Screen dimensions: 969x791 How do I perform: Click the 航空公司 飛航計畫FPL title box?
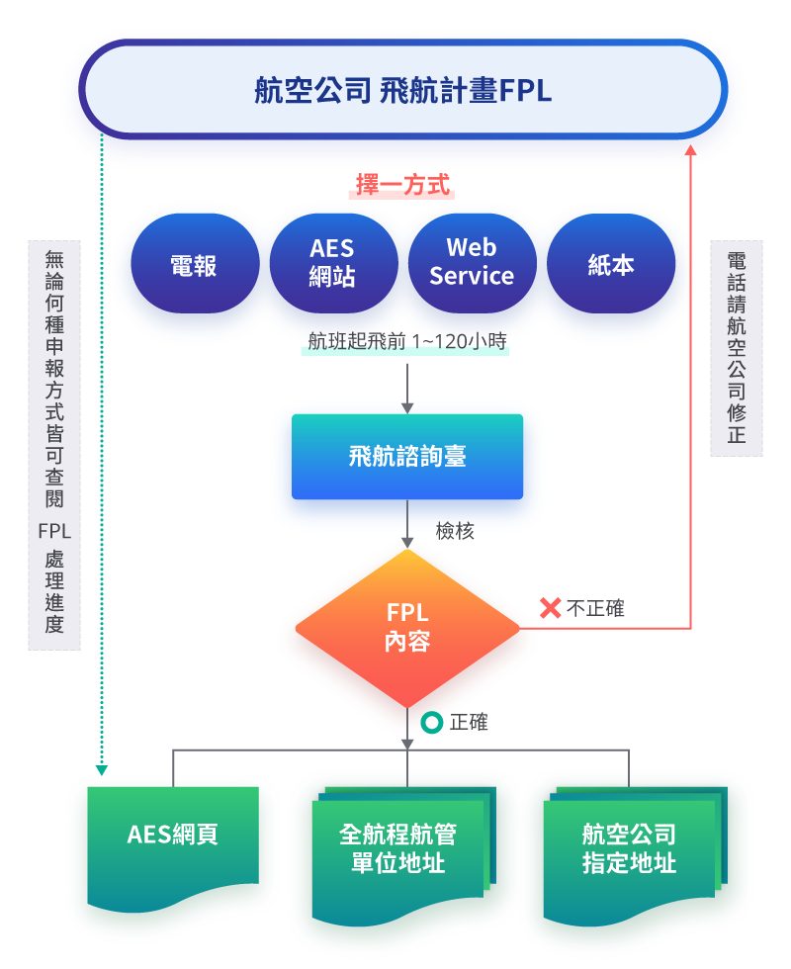[x=402, y=90]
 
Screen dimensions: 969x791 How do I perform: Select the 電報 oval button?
[x=195, y=264]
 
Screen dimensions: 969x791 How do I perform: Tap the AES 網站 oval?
[x=333, y=264]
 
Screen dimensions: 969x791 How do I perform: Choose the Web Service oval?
[x=472, y=264]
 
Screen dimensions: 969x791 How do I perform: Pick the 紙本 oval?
[x=610, y=264]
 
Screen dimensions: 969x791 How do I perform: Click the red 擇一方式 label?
[x=402, y=185]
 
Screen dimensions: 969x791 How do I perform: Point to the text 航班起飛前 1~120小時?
[x=406, y=342]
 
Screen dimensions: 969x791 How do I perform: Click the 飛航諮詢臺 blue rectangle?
[x=406, y=456]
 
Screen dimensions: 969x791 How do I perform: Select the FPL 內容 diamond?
[x=406, y=628]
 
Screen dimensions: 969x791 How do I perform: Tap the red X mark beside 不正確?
[x=550, y=608]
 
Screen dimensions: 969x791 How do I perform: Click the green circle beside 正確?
[x=431, y=723]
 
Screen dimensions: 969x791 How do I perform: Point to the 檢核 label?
[x=455, y=531]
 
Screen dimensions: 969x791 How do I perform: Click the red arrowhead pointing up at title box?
[x=690, y=150]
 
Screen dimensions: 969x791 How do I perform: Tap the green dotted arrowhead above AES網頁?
[x=101, y=768]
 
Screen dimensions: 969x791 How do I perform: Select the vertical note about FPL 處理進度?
[x=54, y=445]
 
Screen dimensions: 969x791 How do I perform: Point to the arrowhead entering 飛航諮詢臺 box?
[x=406, y=407]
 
